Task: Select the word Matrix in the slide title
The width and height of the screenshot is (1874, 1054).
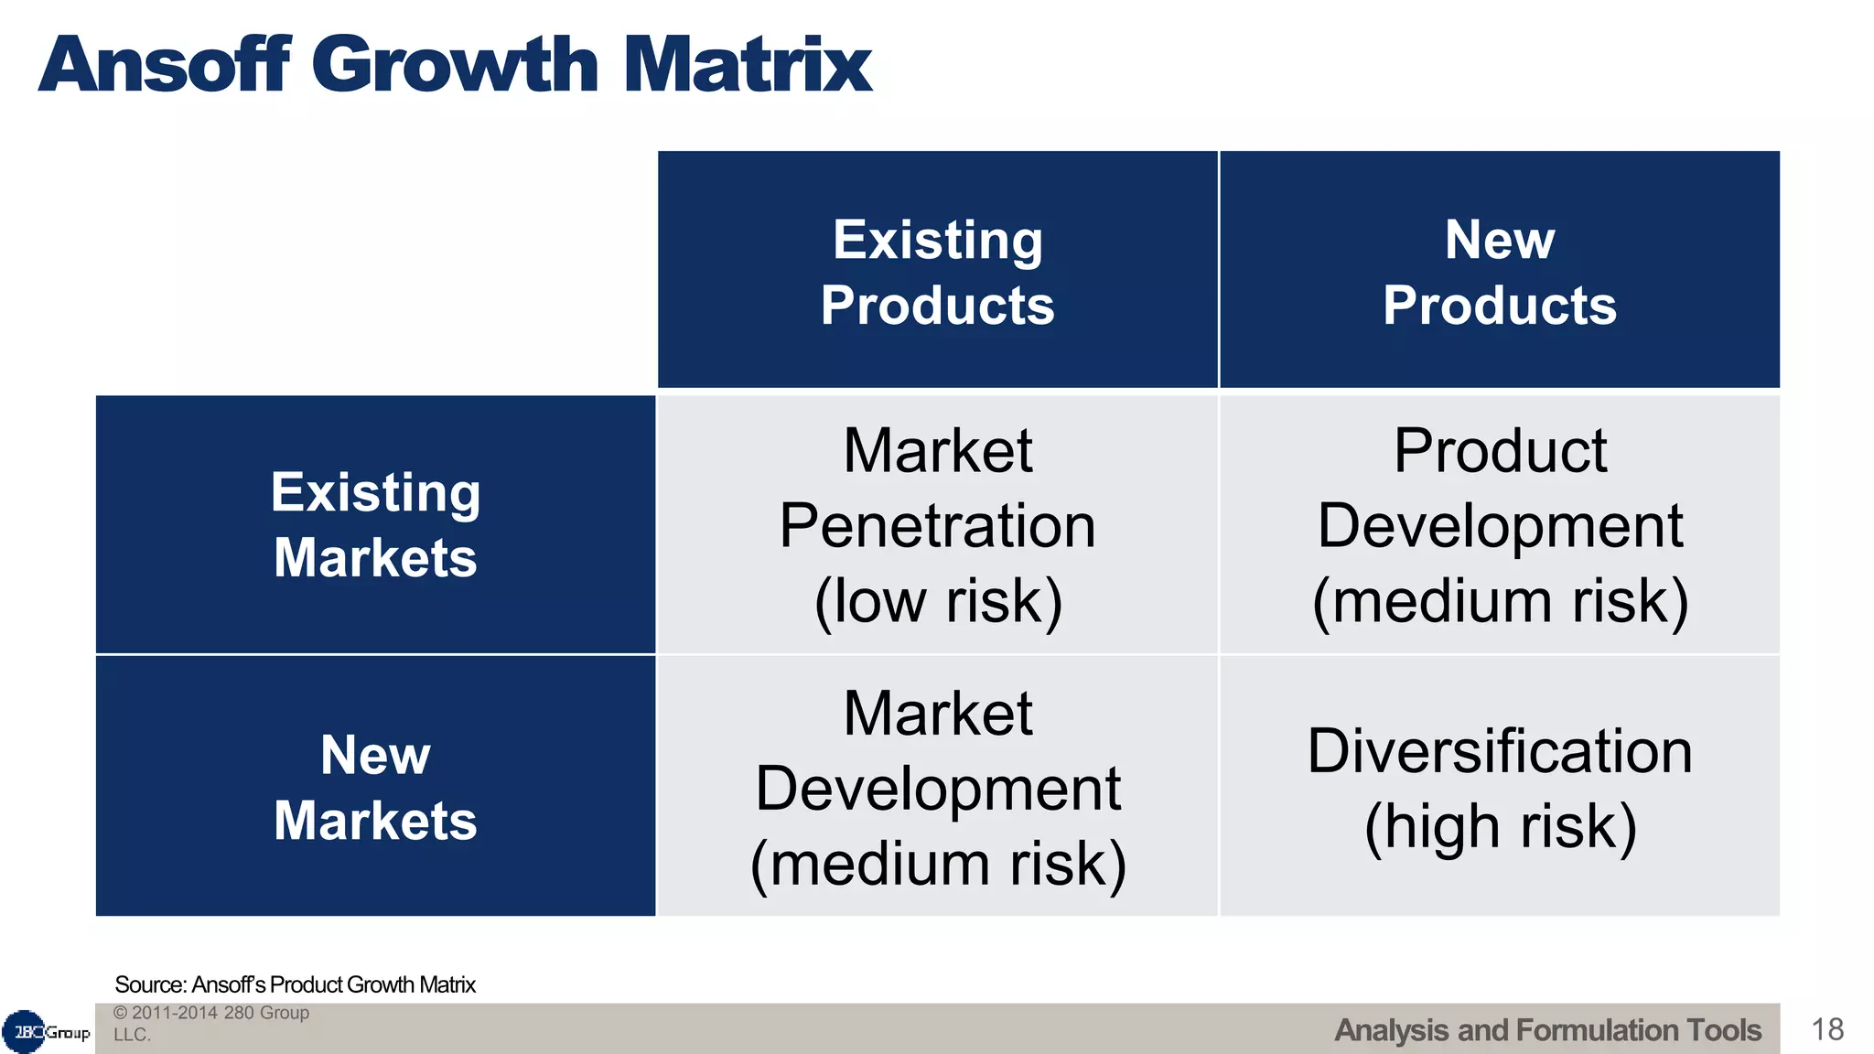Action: coord(748,66)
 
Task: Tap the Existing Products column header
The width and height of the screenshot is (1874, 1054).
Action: coord(937,272)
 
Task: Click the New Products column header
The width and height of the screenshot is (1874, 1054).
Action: coord(1499,272)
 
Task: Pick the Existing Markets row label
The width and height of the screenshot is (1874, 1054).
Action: coord(375,525)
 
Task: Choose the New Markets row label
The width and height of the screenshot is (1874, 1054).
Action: coord(375,788)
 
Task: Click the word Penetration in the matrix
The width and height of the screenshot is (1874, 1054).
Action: coord(937,526)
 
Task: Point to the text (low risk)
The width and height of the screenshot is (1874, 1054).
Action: coord(938,602)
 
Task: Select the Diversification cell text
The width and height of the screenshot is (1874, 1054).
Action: coord(1499,751)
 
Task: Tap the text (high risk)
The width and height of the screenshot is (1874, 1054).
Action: coord(1500,826)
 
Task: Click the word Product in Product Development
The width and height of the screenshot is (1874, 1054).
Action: coord(1500,451)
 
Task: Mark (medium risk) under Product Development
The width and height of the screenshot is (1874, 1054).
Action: coord(1500,602)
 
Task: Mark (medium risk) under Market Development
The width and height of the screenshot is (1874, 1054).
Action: coord(938,864)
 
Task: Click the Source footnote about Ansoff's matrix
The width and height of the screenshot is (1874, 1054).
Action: coord(295,984)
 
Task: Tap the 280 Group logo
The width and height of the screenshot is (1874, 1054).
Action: coord(46,1032)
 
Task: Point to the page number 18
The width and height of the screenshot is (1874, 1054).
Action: coord(1826,1029)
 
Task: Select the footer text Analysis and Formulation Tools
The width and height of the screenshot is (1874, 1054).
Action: coord(1547,1030)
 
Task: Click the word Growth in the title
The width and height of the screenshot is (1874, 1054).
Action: coord(455,66)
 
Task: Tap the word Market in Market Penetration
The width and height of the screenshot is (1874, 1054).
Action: coord(937,451)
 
